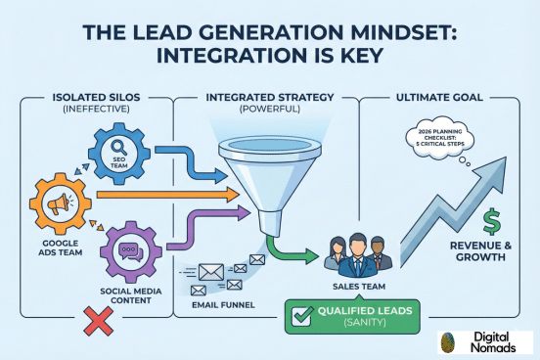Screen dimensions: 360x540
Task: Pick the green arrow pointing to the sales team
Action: (296, 253)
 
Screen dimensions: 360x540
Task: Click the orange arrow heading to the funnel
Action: (166, 195)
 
